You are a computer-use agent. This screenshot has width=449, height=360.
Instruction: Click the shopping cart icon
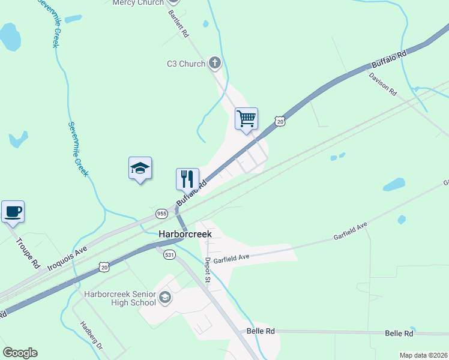pos(246,118)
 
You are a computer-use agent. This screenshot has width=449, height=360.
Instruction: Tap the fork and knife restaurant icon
pos(187,178)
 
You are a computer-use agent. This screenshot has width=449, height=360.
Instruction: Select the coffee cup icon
pos(13,211)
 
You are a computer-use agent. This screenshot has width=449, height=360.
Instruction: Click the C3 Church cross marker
pos(215,63)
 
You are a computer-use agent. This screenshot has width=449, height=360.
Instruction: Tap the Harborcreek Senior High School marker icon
pos(165,298)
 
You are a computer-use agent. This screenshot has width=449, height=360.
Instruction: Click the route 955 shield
pos(161,214)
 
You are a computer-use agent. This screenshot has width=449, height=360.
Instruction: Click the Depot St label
pos(207,270)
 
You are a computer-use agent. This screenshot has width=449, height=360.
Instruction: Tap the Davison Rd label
pos(383,85)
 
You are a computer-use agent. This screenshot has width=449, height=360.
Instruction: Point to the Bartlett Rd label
pos(179,24)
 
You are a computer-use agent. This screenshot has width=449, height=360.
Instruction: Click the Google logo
pos(20,353)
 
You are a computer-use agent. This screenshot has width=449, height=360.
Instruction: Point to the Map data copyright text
pos(423,355)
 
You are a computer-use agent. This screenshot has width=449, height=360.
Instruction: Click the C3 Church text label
pos(185,64)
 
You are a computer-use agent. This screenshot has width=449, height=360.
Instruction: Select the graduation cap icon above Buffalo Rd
pos(140,168)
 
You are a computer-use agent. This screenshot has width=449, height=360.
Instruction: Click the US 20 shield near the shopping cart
pos(280,122)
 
